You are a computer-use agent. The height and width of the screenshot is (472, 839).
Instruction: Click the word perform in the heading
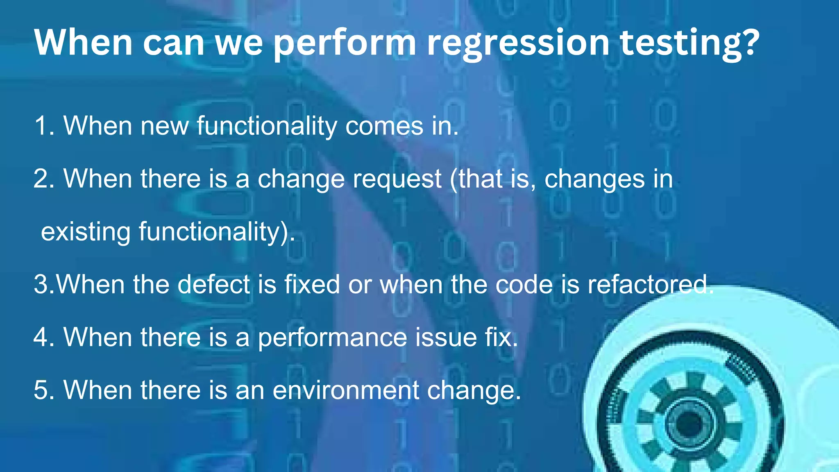tap(345, 44)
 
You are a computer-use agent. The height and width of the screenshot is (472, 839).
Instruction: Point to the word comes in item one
tap(384, 126)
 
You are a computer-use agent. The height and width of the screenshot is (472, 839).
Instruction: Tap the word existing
tap(85, 232)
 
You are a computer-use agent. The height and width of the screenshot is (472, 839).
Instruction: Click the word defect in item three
tap(213, 284)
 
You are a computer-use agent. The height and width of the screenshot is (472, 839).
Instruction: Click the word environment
tap(346, 390)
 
